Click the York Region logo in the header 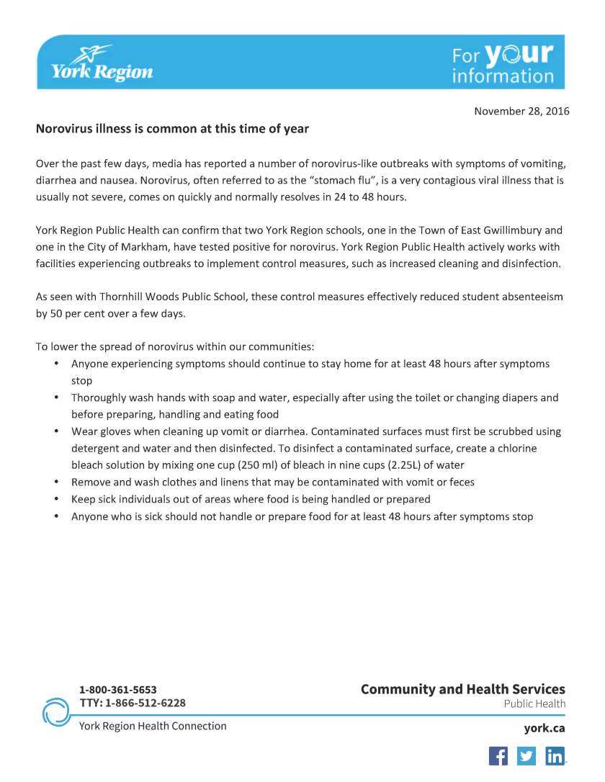point(102,63)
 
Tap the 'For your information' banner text point(503,63)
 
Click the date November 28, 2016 point(521,111)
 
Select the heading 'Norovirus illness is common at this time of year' point(172,129)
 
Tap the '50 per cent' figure point(73,313)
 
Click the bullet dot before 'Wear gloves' point(56,431)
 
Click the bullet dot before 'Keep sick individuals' point(56,499)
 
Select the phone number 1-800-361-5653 point(117,689)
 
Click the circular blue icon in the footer point(56,711)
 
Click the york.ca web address point(544,728)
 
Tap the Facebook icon point(498,756)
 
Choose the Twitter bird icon point(526,756)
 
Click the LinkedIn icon point(555,756)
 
